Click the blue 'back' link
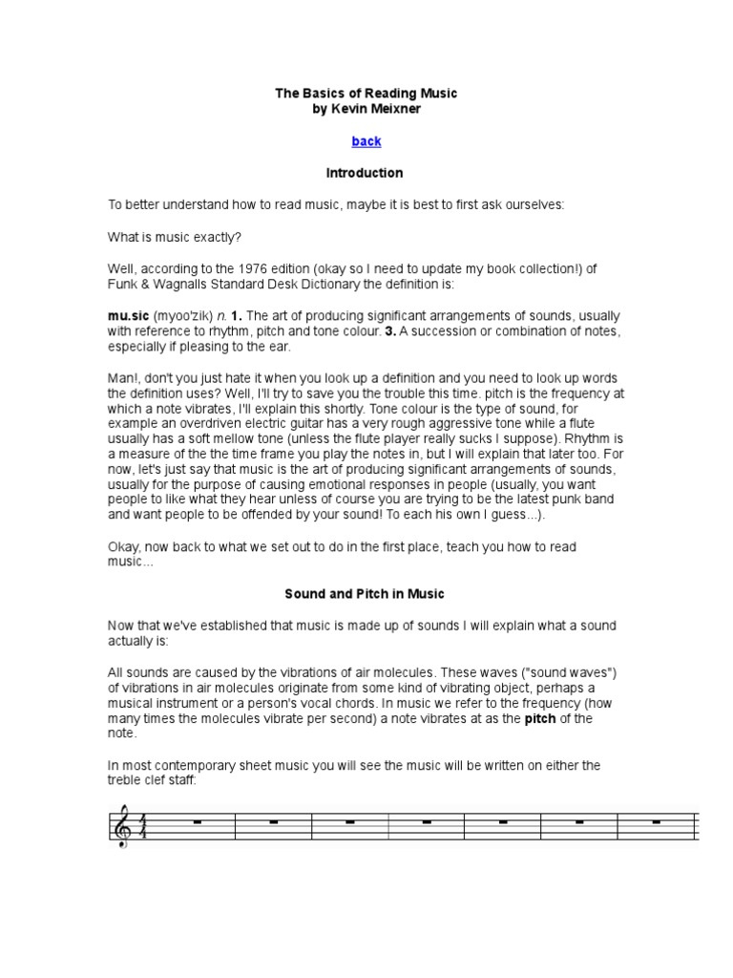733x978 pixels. pyautogui.click(x=366, y=141)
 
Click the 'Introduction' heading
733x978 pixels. pyautogui.click(x=365, y=173)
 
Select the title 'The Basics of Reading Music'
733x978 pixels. pyautogui.click(x=366, y=94)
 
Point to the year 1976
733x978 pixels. pyautogui.click(x=270, y=269)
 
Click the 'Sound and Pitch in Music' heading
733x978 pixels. pyautogui.click(x=365, y=593)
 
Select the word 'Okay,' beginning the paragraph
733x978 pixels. pyautogui.click(x=125, y=546)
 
